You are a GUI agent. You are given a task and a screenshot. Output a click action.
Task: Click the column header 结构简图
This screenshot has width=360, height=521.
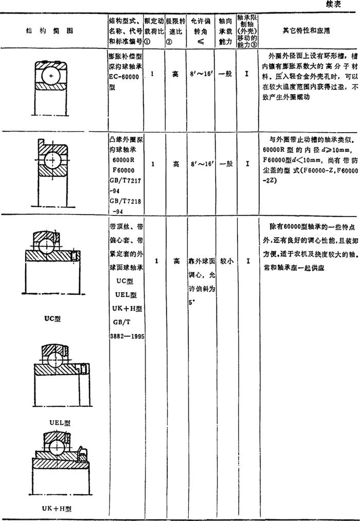(50, 30)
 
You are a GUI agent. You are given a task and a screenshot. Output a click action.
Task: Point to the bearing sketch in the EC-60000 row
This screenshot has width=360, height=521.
(51, 74)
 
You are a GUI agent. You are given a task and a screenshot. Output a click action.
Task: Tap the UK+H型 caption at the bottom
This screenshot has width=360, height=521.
(57, 509)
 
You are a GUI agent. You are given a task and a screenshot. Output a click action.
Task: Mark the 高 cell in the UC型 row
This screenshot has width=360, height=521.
(176, 246)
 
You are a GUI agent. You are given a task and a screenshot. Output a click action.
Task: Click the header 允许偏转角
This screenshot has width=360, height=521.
(200, 30)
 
